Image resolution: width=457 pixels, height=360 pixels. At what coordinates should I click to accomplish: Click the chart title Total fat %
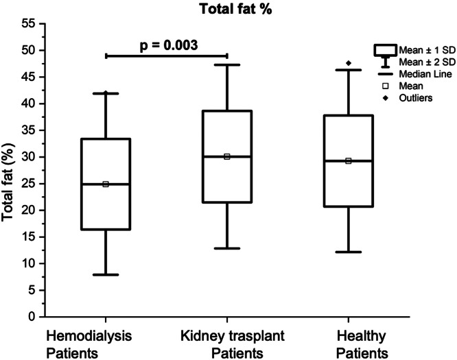(x=235, y=9)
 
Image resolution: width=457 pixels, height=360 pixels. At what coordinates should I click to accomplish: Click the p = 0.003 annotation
(x=169, y=45)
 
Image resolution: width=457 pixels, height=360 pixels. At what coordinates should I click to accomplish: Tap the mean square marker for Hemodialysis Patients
(x=106, y=184)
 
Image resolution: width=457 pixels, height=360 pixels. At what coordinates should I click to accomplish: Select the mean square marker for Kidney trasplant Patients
(x=227, y=157)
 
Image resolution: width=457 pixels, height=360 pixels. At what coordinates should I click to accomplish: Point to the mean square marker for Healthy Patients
(x=349, y=160)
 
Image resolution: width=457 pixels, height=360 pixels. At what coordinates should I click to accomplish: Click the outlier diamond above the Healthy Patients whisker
(x=349, y=63)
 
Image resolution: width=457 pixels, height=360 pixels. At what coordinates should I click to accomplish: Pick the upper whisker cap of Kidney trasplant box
(x=227, y=64)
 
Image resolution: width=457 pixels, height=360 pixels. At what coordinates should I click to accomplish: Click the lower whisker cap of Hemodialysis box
(x=106, y=274)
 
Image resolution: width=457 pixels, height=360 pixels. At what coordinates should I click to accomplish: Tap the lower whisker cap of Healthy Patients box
(x=349, y=252)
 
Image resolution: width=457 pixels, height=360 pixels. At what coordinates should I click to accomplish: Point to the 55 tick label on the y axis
(x=28, y=23)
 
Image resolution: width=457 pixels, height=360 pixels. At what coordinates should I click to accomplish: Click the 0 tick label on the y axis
(x=32, y=317)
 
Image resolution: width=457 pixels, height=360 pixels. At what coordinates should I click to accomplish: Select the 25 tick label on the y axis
(x=28, y=184)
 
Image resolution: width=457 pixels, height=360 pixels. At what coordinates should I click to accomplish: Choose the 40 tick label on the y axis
(x=28, y=104)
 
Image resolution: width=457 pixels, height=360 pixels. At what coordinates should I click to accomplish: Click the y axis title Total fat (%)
(x=8, y=182)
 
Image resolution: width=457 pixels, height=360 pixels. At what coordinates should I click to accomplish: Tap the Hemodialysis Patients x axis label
(x=89, y=344)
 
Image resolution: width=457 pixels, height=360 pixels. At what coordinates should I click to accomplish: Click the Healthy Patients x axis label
(x=362, y=344)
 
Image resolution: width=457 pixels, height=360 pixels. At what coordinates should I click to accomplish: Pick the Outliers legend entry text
(x=416, y=98)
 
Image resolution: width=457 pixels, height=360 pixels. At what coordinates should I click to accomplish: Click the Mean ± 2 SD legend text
(x=427, y=62)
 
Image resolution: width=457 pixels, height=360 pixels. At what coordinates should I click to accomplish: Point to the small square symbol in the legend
(x=386, y=86)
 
